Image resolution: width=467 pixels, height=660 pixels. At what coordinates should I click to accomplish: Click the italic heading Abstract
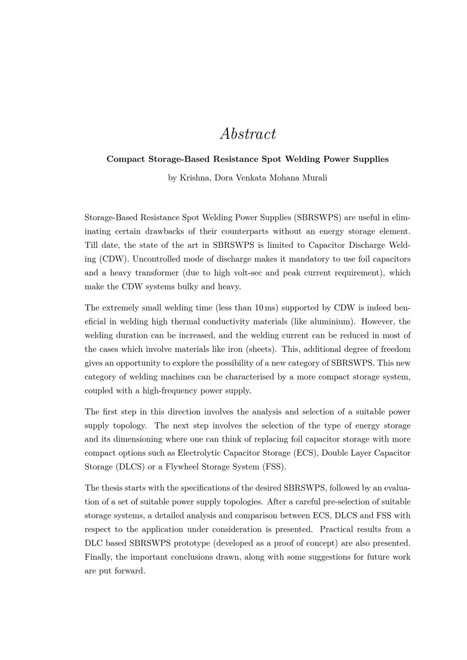click(x=248, y=134)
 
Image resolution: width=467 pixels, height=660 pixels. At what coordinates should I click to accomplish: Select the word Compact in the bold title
click(x=126, y=159)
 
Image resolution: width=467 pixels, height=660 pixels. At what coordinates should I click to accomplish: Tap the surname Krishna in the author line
click(x=195, y=178)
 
